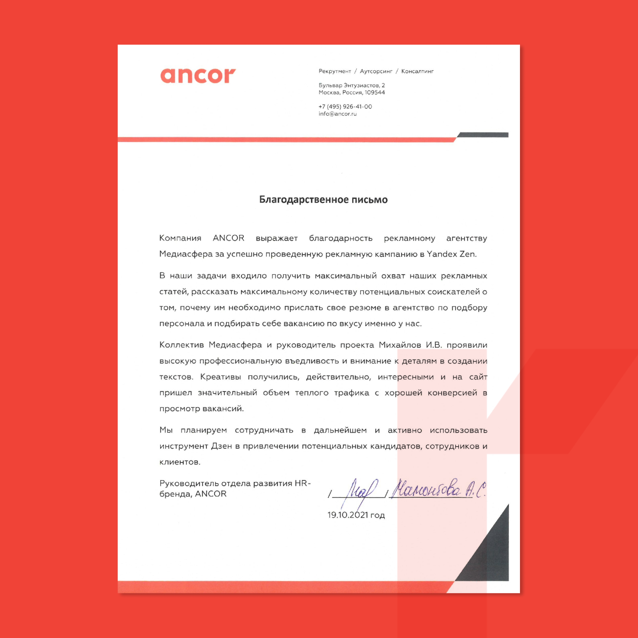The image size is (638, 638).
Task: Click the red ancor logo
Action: tap(198, 76)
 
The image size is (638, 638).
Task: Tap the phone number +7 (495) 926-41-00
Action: tap(345, 107)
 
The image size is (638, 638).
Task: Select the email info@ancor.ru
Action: tap(338, 114)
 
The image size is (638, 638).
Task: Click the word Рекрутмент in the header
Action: tap(335, 71)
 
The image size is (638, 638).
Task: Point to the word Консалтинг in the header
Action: tap(417, 71)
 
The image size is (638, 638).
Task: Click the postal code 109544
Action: tap(375, 93)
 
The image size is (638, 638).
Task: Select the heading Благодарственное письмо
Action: tap(323, 200)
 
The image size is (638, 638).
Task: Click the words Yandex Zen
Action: tap(451, 254)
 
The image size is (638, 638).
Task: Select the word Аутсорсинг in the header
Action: tap(376, 71)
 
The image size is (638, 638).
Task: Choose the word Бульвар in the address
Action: tap(330, 85)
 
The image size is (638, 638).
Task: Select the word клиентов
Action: tap(180, 462)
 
